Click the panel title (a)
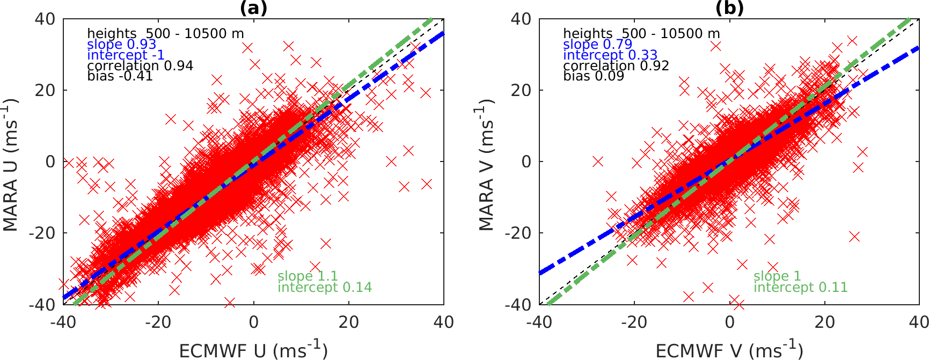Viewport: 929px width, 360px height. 253,8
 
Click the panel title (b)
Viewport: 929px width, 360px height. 729,8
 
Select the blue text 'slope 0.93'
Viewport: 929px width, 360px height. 121,45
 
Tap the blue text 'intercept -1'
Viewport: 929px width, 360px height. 126,55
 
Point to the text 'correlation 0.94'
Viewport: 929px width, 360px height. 140,66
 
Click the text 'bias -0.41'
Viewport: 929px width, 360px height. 120,76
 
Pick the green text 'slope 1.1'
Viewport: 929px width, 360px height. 307,276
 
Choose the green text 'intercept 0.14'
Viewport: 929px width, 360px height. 324,288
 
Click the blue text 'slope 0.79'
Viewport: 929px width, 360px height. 597,45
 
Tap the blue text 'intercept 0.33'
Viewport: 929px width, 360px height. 610,55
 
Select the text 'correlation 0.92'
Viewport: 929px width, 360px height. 616,66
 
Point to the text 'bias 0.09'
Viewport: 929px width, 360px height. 593,76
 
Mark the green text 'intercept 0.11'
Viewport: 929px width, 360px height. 800,288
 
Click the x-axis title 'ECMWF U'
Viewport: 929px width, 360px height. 253,350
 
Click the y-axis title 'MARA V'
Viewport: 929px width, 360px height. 486,166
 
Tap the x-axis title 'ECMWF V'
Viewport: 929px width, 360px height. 729,350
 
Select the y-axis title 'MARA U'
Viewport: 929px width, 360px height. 11,165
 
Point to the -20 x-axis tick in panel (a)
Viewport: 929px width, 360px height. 158,322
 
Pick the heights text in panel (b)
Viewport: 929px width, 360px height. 641,34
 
